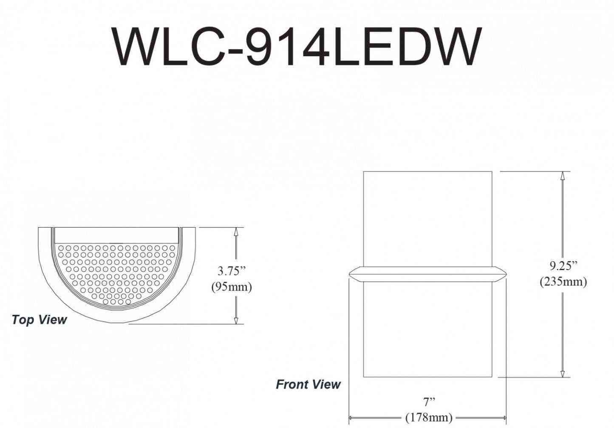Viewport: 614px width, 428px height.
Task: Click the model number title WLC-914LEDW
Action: [297, 47]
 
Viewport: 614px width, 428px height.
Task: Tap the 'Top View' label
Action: [39, 320]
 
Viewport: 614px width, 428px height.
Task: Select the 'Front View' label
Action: [308, 385]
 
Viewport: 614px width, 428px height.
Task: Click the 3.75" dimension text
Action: [232, 271]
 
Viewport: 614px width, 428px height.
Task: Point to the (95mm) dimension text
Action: [232, 287]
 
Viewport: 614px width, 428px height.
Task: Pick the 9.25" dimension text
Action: [563, 265]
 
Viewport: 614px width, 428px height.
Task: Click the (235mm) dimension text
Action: [563, 282]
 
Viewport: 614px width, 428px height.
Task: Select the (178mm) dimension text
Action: [429, 417]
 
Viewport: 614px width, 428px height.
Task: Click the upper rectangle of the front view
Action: [427, 219]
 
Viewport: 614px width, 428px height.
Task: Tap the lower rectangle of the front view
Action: [427, 329]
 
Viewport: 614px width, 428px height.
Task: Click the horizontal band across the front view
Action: [427, 274]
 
